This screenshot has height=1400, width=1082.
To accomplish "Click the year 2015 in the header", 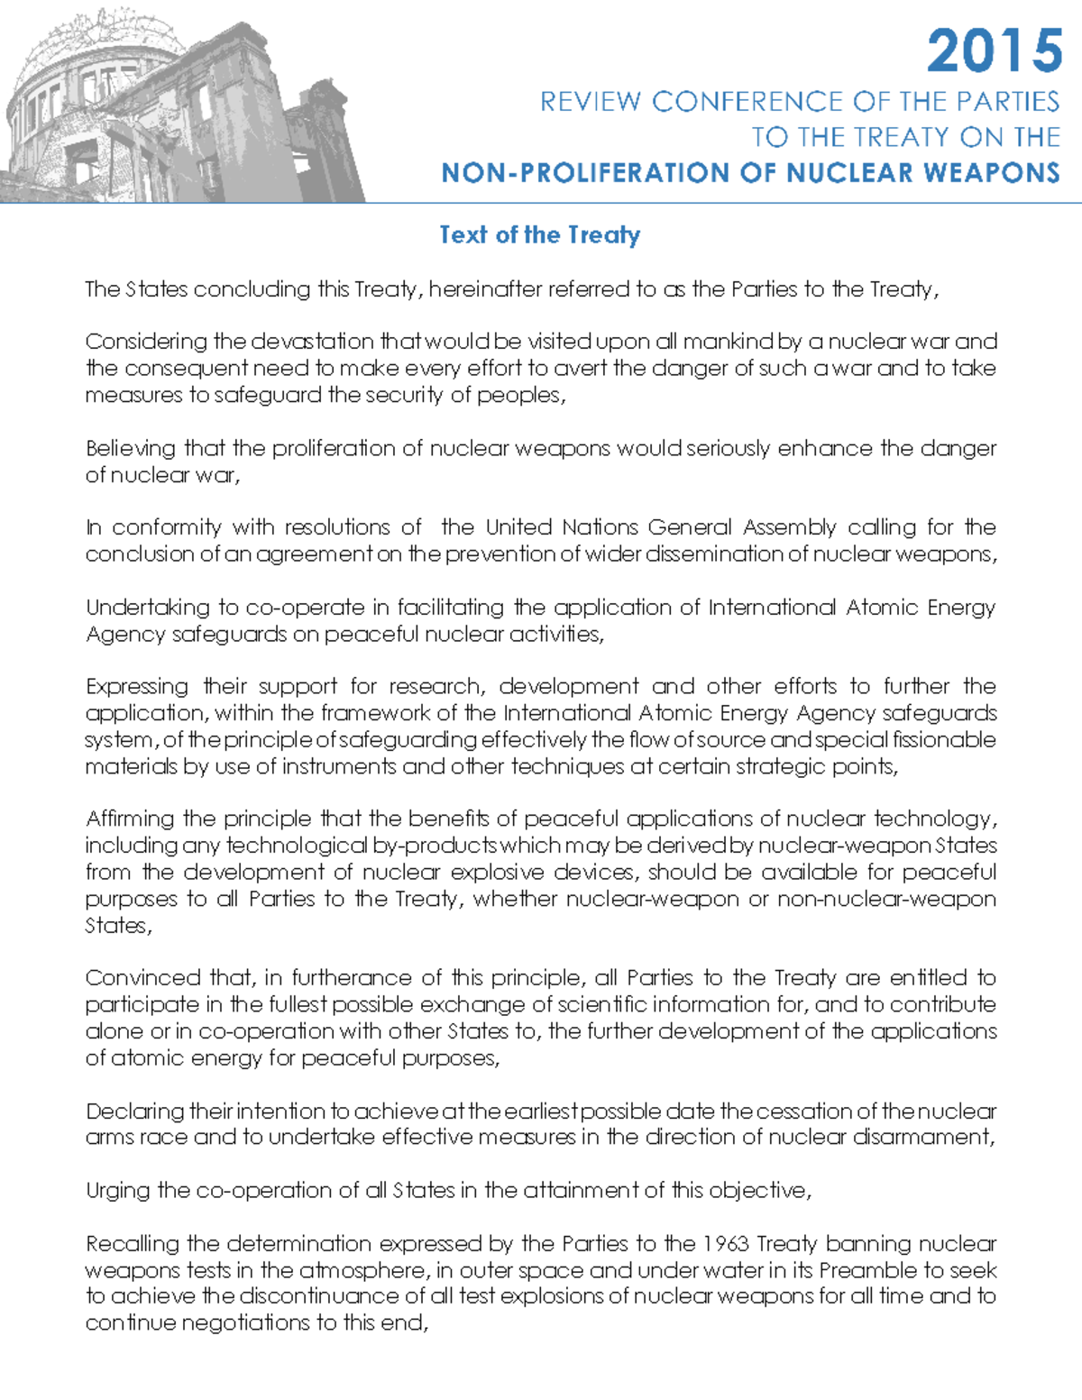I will point(995,50).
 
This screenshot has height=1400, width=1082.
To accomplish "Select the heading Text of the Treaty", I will point(539,235).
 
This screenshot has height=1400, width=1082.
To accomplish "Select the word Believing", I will point(131,448).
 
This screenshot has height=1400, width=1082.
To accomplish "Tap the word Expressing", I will point(137,687).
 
